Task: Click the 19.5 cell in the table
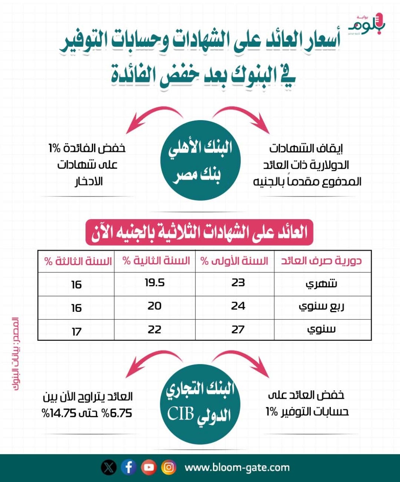coord(155,283)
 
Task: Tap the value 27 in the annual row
coord(238,329)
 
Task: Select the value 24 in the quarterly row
coord(238,306)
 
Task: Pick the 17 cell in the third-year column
coord(76,332)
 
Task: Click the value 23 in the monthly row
coord(238,282)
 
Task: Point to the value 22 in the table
coord(154,329)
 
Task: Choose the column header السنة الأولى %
coord(234,261)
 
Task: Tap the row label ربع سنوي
coord(321,307)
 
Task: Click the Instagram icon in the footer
coord(169,468)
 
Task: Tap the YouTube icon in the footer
coord(149,468)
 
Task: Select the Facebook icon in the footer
coord(129,468)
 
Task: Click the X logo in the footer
coord(109,468)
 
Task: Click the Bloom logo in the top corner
coord(368,24)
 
